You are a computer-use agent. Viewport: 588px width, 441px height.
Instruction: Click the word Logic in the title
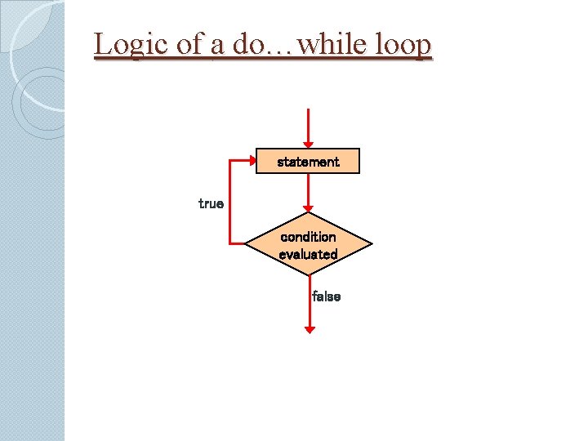(x=124, y=45)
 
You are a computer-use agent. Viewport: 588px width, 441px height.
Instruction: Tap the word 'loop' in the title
(x=403, y=45)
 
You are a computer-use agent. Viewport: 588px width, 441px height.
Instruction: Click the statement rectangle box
(x=308, y=162)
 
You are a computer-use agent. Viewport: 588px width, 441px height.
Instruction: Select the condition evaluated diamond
(x=308, y=244)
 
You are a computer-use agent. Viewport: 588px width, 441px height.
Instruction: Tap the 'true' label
(x=211, y=203)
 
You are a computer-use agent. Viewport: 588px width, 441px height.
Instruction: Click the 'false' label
(x=326, y=296)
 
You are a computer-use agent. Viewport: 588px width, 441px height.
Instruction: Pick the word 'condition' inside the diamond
(x=308, y=237)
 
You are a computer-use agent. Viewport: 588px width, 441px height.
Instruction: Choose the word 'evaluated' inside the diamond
(x=308, y=255)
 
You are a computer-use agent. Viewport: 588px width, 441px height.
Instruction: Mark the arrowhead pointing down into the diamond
(x=308, y=207)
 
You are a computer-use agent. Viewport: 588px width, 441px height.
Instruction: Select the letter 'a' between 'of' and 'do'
(x=216, y=46)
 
